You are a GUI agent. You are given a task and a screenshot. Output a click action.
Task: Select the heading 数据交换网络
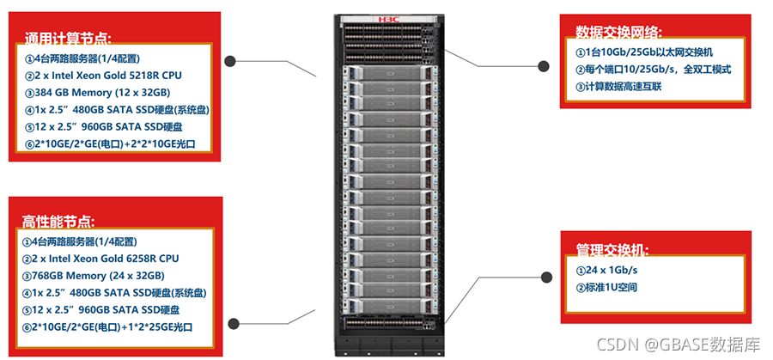[x=618, y=33]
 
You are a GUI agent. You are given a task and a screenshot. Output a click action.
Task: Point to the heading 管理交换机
[x=612, y=249]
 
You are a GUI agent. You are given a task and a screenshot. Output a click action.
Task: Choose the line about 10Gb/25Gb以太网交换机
[x=643, y=53]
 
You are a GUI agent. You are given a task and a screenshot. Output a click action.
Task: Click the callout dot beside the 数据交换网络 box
[x=543, y=65]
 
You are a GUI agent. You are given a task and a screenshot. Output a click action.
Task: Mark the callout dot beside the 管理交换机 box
[x=545, y=278]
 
